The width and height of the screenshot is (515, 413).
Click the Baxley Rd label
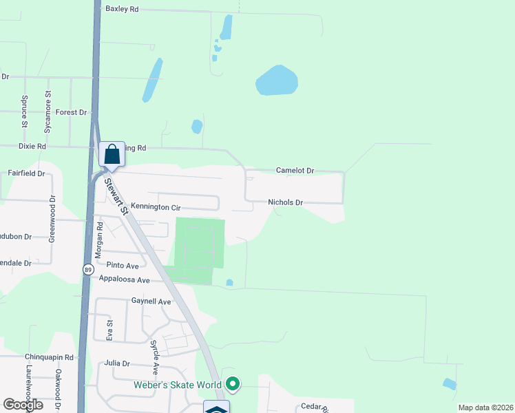[x=122, y=9]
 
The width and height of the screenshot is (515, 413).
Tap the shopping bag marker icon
[x=112, y=154]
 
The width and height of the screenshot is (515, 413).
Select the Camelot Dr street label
[x=295, y=170]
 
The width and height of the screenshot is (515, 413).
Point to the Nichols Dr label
[x=285, y=202]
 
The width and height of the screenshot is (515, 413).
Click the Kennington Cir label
[x=155, y=207]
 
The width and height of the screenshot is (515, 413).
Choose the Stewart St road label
[x=116, y=195]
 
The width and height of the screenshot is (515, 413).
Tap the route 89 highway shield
[x=88, y=270]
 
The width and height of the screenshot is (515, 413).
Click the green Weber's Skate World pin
[x=233, y=384]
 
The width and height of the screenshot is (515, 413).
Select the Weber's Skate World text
[x=178, y=385]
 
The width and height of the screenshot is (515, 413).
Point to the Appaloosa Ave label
[x=124, y=279]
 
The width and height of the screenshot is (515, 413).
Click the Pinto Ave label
[x=122, y=266]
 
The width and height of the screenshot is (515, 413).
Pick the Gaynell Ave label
[x=151, y=301]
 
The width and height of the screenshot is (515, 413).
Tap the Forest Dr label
[x=72, y=112]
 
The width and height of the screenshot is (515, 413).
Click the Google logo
[x=23, y=405]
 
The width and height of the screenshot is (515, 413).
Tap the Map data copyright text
[x=485, y=407]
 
